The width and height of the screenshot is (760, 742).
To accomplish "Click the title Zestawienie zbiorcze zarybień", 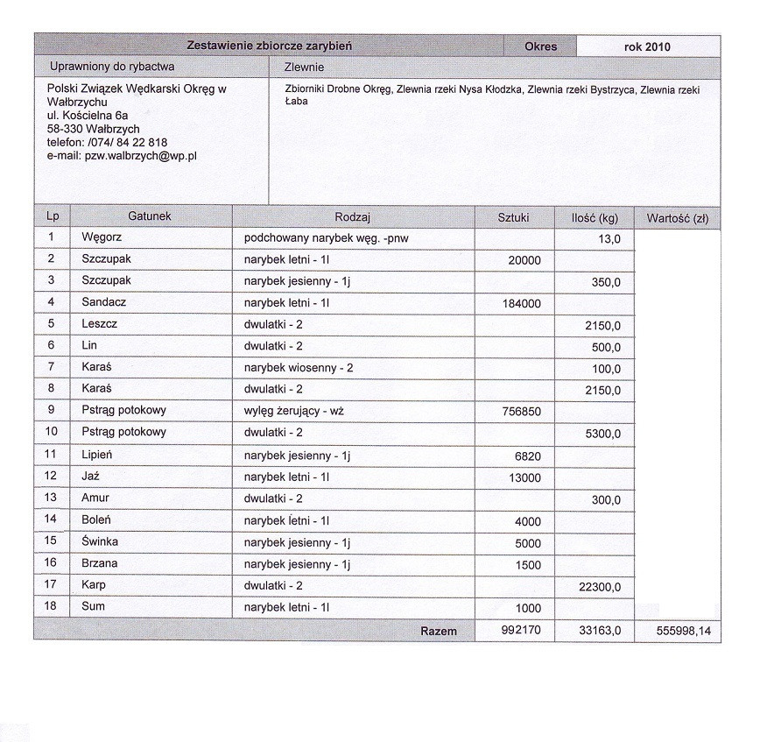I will tap(270, 45).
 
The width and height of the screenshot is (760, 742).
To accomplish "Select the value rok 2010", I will tap(647, 46).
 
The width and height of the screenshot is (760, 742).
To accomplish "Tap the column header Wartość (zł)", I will tap(677, 217).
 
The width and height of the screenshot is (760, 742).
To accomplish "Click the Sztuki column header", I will tap(513, 217).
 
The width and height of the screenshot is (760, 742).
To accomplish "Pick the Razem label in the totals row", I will tap(439, 631).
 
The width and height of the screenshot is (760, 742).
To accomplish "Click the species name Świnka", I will tap(100, 541).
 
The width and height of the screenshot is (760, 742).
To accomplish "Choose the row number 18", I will tap(51, 607).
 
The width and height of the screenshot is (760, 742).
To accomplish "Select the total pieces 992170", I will tap(520, 631).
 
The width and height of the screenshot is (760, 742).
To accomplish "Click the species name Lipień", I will tap(98, 454).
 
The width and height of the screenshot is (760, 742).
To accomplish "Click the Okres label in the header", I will tap(540, 46).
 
